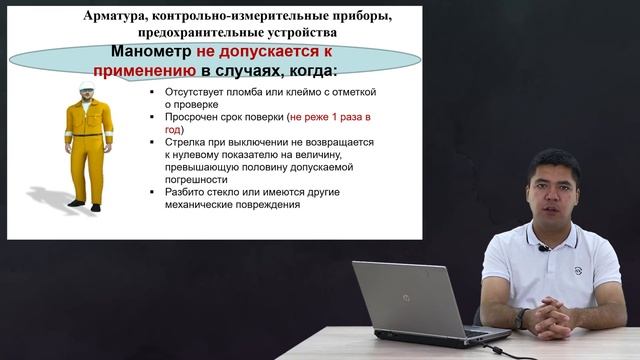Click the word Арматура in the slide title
pos(116,17)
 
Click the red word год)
pos(172,129)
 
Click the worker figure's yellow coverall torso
pos(89,130)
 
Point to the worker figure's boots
pos(86,206)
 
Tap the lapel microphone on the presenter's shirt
pos(543,246)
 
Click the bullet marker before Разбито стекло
pos(153,192)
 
